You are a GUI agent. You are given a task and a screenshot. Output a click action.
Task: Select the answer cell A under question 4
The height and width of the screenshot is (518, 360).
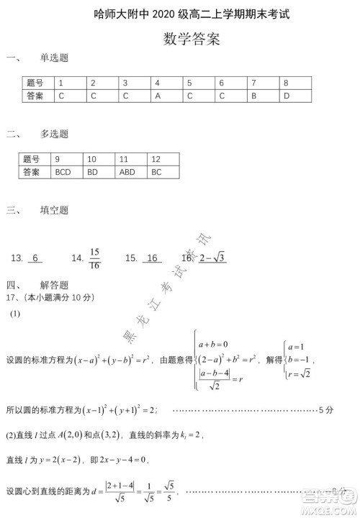(157, 95)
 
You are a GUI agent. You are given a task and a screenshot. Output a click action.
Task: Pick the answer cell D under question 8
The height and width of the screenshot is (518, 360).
(286, 95)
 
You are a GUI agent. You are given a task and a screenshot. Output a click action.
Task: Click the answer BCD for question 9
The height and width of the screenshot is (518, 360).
(63, 172)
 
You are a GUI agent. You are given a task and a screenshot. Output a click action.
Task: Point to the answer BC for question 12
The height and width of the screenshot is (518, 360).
(157, 172)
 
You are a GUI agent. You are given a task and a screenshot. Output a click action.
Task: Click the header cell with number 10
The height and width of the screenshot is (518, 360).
(92, 159)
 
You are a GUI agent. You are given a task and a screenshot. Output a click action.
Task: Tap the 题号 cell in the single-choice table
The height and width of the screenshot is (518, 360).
(35, 83)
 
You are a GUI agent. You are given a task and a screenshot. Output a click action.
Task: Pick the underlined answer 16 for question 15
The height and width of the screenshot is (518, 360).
(151, 258)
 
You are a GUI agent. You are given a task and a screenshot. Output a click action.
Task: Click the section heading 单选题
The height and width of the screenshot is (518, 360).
(55, 58)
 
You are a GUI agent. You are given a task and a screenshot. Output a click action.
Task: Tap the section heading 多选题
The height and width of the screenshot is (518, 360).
(55, 134)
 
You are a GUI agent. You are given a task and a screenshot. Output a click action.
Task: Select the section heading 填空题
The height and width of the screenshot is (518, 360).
(55, 210)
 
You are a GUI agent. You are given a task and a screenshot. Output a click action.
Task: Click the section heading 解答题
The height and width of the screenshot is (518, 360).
(55, 285)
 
